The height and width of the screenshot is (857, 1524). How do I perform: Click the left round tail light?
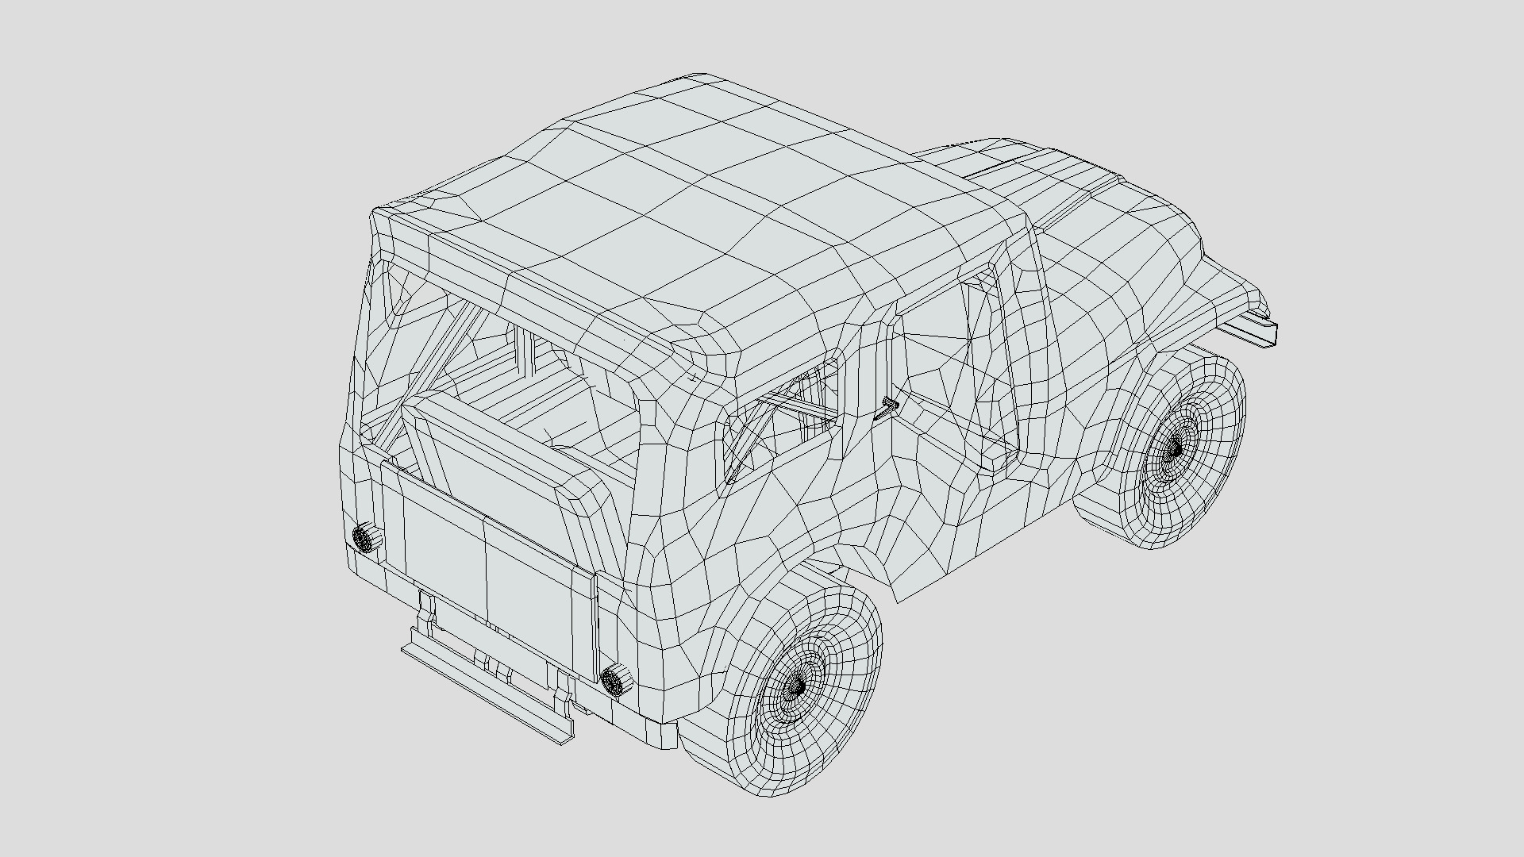pyautogui.click(x=363, y=538)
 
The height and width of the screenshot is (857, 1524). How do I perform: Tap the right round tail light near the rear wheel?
pyautogui.click(x=614, y=681)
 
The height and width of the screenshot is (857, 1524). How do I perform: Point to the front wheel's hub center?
pyautogui.click(x=1174, y=450)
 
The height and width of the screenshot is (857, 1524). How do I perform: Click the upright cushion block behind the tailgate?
pyautogui.click(x=492, y=460)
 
